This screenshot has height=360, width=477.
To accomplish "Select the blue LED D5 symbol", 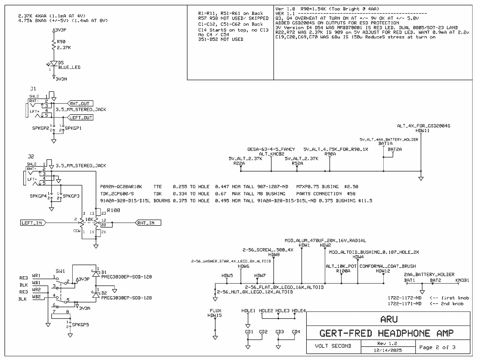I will (54, 64).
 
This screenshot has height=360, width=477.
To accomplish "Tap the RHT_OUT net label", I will (80, 104).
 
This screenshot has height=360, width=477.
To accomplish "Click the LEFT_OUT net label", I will (80, 118).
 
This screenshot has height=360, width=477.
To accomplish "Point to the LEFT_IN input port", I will (32, 223).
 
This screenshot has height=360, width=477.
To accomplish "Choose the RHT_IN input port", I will (148, 223).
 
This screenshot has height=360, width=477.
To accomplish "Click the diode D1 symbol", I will (96, 273).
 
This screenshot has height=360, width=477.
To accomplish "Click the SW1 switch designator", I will (60, 271).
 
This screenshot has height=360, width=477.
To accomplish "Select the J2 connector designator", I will (30, 156).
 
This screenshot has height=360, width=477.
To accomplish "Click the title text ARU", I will (389, 319).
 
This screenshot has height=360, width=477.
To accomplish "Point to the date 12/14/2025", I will (387, 350).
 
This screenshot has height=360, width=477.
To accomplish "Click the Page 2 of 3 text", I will (437, 347).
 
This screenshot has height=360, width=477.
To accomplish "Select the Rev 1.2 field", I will (387, 343).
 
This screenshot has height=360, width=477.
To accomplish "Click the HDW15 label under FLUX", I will (215, 315).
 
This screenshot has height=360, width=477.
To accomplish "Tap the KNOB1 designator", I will (462, 280).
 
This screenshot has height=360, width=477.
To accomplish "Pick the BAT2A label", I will (394, 149).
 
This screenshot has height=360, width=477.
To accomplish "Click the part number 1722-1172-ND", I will (405, 298).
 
